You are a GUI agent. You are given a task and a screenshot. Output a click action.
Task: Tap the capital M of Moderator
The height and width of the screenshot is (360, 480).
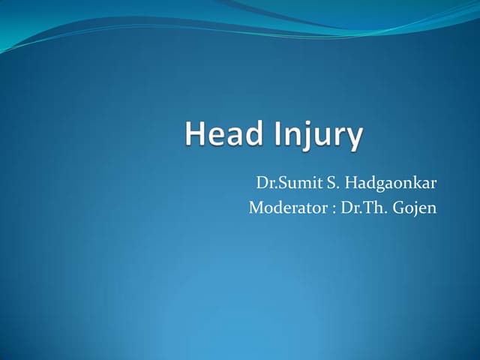(x=256, y=207)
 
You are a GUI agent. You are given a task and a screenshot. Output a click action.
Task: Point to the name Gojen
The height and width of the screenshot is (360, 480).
(x=415, y=208)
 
